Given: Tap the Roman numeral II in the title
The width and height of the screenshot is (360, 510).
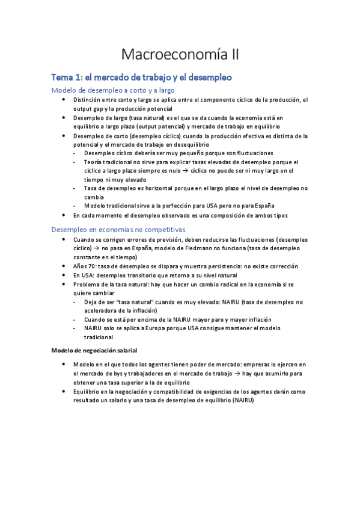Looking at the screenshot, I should coord(232,55).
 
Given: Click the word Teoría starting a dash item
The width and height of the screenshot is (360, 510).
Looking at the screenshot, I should coord(94,162).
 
